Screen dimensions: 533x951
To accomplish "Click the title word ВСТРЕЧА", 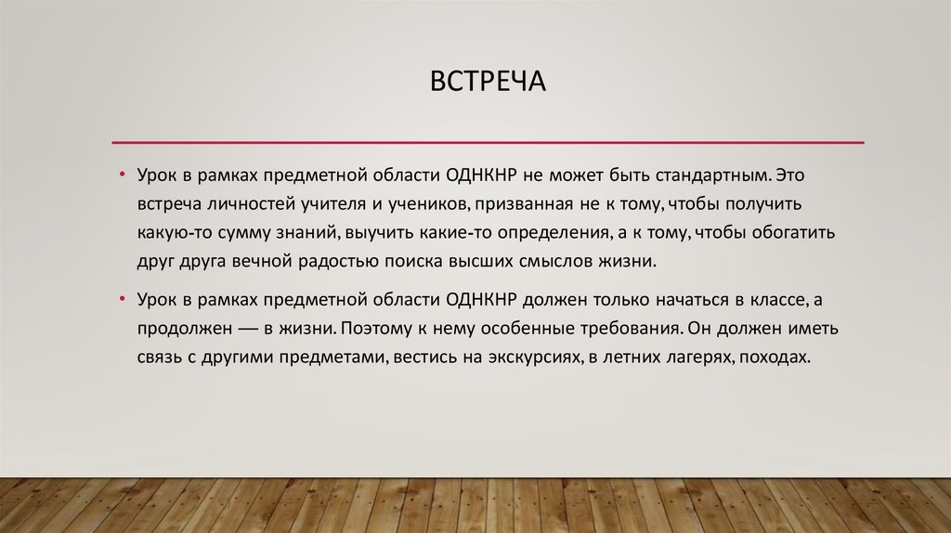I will coord(487,83).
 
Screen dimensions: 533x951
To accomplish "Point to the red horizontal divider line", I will coord(488,143).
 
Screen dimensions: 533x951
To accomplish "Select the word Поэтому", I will coord(376,329).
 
